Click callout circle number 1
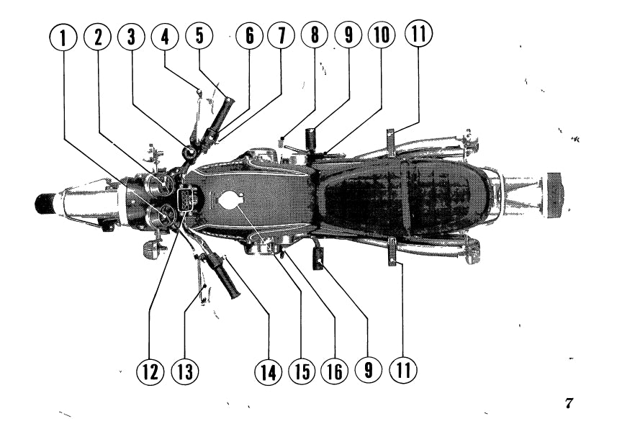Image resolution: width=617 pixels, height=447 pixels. tap(63, 37)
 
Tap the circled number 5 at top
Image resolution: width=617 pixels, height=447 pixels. tap(199, 35)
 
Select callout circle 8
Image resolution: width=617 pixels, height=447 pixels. tap(315, 35)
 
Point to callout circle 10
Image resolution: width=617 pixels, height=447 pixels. tap(382, 35)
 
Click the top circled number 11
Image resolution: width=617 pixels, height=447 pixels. tap(418, 33)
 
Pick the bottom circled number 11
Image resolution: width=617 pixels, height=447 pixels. tap(403, 370)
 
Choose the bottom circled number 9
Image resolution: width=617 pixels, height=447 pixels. tap(368, 370)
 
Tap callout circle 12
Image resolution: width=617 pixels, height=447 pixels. tap(150, 371)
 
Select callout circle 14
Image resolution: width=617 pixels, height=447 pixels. tap(268, 371)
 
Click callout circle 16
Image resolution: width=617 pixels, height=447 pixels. tap(335, 371)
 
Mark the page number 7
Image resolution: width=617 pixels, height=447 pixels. tap(569, 403)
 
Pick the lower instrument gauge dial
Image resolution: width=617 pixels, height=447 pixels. tap(161, 216)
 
